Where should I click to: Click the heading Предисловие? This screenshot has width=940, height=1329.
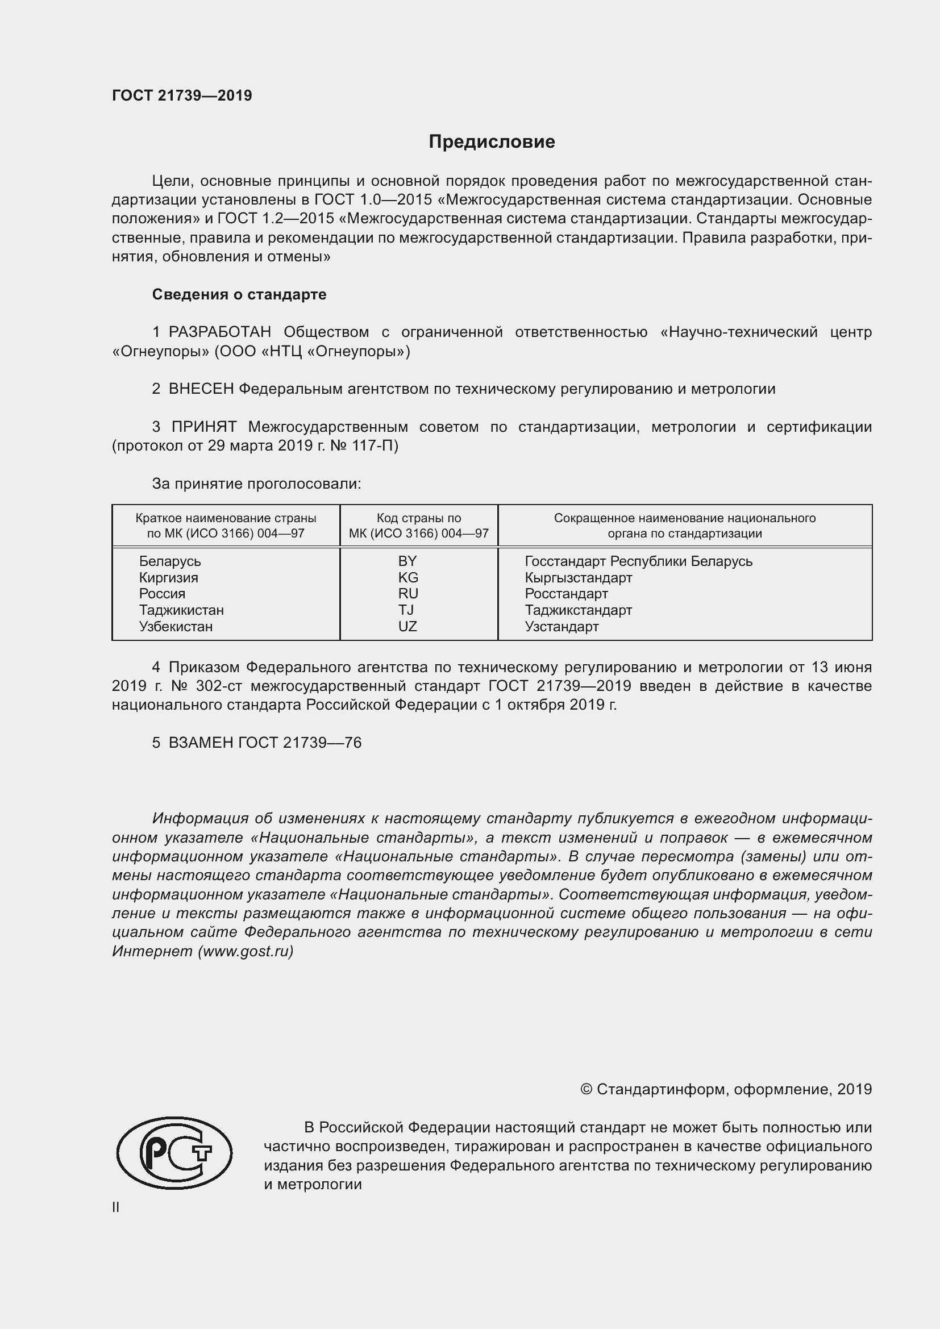pyautogui.click(x=492, y=142)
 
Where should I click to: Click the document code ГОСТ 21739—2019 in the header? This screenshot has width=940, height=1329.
pyautogui.click(x=182, y=95)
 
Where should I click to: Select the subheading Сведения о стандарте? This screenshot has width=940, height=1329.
pyautogui.click(x=239, y=295)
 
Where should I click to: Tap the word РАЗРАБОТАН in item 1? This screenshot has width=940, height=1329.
pyautogui.click(x=219, y=332)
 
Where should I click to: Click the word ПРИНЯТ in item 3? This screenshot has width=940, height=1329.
pyautogui.click(x=204, y=427)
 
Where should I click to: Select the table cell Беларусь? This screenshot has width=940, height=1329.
pyautogui.click(x=169, y=561)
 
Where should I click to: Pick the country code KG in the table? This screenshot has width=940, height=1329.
pyautogui.click(x=407, y=578)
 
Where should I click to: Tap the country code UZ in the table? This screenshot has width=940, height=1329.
pyautogui.click(x=407, y=627)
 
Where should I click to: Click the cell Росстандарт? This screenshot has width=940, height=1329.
pyautogui.click(x=566, y=594)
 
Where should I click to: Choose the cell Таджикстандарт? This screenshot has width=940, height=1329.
pyautogui.click(x=578, y=610)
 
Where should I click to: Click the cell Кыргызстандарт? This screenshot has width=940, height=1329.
pyautogui.click(x=578, y=578)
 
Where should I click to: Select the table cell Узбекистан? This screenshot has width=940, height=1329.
pyautogui.click(x=176, y=627)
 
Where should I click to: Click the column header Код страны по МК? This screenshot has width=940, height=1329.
pyautogui.click(x=418, y=526)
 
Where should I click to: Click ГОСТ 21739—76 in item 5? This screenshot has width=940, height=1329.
pyautogui.click(x=300, y=743)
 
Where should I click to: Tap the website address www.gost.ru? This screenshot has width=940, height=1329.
pyautogui.click(x=246, y=952)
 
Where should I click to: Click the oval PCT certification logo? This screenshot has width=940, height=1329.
pyautogui.click(x=174, y=1153)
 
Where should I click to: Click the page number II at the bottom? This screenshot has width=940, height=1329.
pyautogui.click(x=116, y=1207)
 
